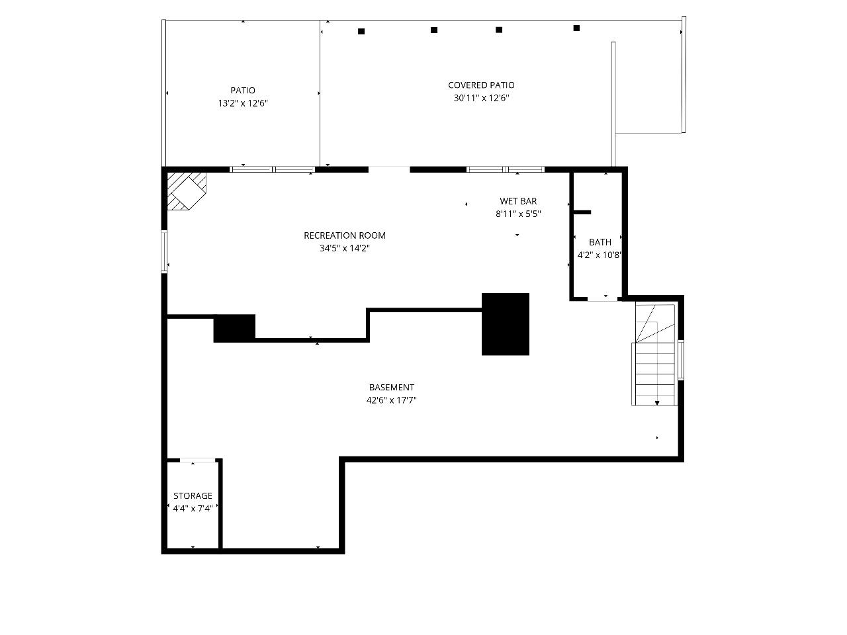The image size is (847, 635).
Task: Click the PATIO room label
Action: (x=243, y=90)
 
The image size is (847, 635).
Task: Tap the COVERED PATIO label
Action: (x=481, y=85)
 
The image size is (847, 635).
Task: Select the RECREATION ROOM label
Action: (x=345, y=235)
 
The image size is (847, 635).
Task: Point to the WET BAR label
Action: (x=518, y=201)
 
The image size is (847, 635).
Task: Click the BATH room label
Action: (x=600, y=242)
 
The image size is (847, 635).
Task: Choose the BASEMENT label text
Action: (x=392, y=387)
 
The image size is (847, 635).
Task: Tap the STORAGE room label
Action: (x=193, y=495)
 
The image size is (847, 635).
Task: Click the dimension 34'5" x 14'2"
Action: (x=345, y=248)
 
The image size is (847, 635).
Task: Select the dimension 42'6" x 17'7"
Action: (x=392, y=400)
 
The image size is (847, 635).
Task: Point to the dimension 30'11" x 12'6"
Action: (x=481, y=97)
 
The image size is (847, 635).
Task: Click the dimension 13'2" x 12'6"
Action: (x=243, y=103)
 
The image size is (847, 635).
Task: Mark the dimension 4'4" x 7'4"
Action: (x=193, y=508)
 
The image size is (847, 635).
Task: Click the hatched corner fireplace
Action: (x=186, y=191)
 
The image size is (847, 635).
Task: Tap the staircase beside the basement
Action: (x=654, y=355)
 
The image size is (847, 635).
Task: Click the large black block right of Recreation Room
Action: (x=505, y=324)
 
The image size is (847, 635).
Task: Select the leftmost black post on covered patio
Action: (x=361, y=31)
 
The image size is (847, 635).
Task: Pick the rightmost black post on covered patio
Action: (x=576, y=28)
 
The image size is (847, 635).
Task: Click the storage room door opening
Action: (x=198, y=460)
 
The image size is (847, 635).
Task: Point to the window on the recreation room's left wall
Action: (x=164, y=251)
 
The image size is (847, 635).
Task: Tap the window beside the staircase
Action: (x=681, y=360)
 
